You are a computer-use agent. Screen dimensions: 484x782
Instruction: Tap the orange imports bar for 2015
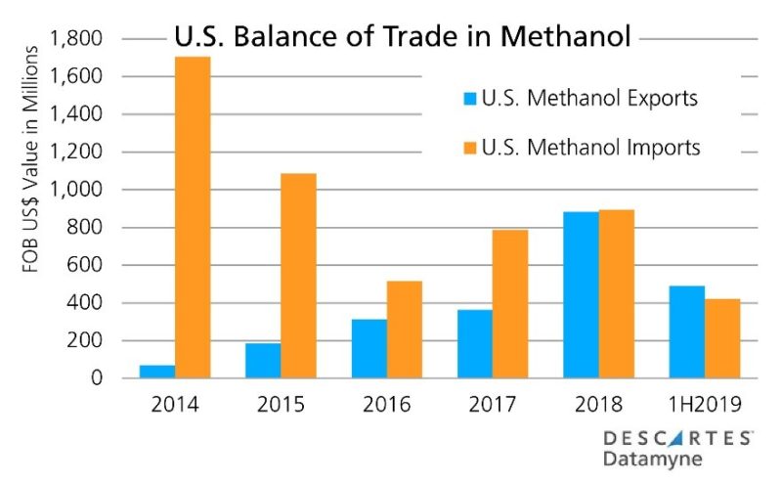click(299, 276)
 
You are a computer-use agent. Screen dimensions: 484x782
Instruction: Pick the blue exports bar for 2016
click(369, 348)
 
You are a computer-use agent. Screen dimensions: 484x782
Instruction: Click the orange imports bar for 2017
click(509, 304)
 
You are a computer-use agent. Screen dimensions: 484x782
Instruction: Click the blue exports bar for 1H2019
click(687, 331)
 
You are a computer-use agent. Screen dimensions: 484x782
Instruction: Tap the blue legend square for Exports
click(470, 99)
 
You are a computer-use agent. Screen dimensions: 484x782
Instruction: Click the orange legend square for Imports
click(470, 149)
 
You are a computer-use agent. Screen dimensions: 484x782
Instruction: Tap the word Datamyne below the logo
click(652, 459)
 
